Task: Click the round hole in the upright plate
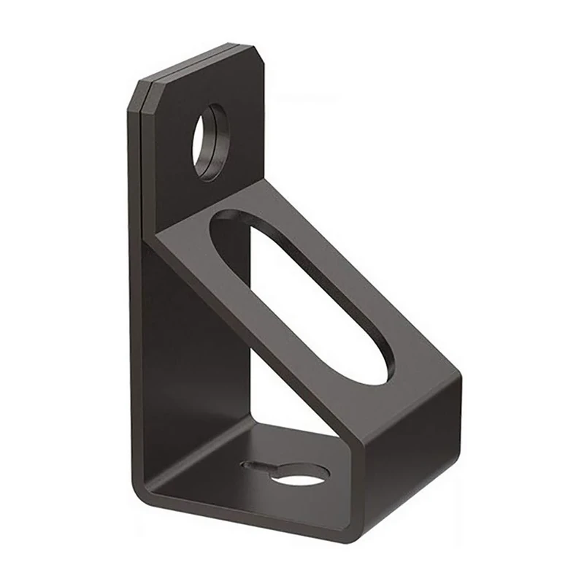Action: pyautogui.click(x=211, y=142)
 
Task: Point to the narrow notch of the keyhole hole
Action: pyautogui.click(x=255, y=465)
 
